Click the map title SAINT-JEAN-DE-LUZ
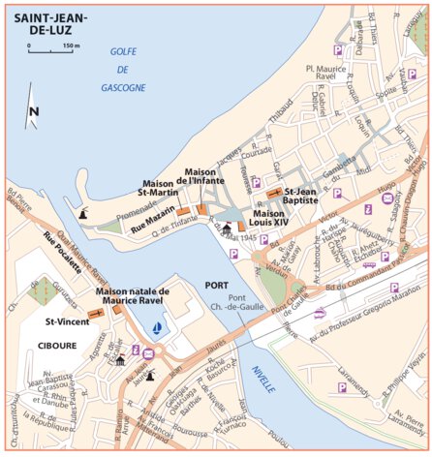point(51,23)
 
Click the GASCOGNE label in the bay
point(123,87)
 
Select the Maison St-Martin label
point(163,188)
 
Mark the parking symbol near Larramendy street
point(341,386)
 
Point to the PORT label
point(216,285)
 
